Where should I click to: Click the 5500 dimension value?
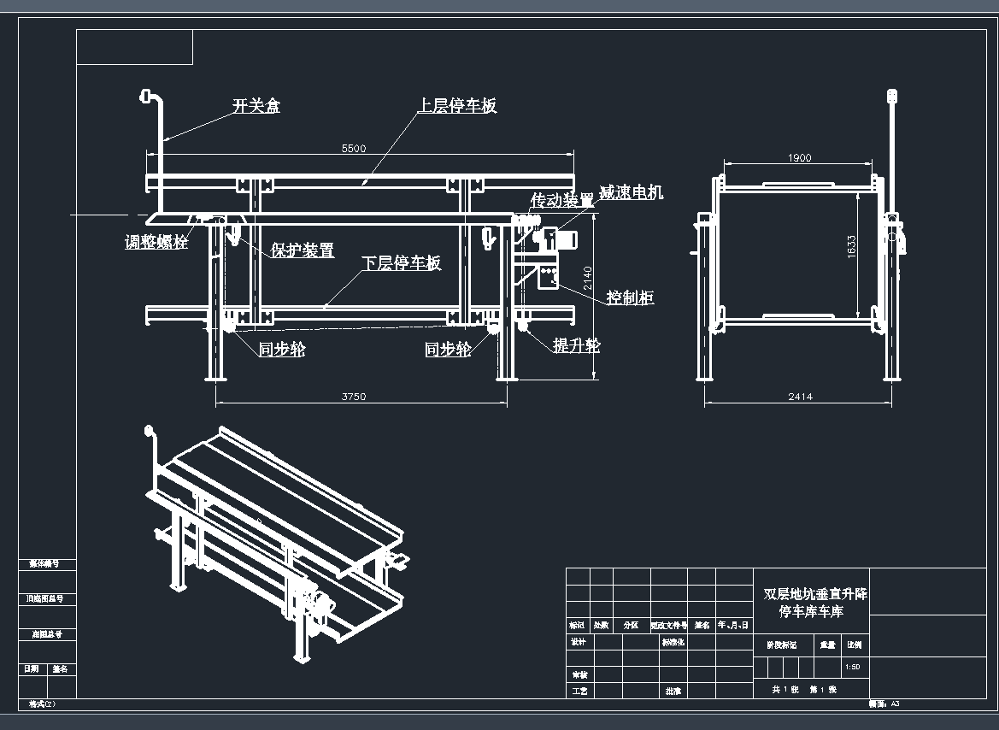[x=354, y=148]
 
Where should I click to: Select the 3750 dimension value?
[x=354, y=397]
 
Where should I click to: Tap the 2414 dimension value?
[x=800, y=397]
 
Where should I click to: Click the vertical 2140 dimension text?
[x=587, y=280]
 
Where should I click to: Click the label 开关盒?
[x=256, y=107]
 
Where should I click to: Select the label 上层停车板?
[x=456, y=106]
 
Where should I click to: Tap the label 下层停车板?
[x=401, y=263]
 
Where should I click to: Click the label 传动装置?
[x=561, y=200]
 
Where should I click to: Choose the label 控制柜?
[x=630, y=297]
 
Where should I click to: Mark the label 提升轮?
[x=576, y=345]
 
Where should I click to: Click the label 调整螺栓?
[x=156, y=242]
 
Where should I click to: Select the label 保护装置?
[x=303, y=250]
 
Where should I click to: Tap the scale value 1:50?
[x=852, y=667]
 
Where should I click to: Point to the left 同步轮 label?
[x=282, y=349]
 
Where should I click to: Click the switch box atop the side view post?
[x=892, y=95]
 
